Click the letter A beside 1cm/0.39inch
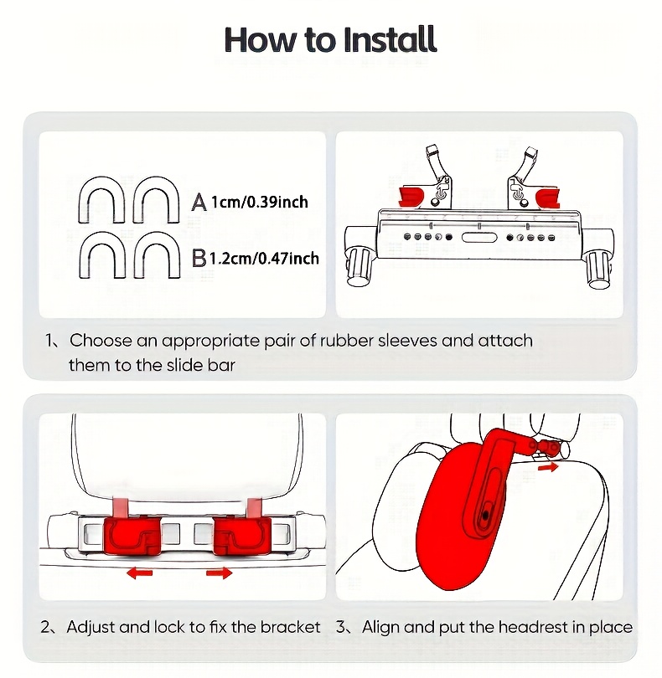pyautogui.click(x=199, y=202)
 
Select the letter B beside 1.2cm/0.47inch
pyautogui.click(x=199, y=258)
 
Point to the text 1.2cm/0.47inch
pyautogui.click(x=264, y=258)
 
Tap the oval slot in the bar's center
pyautogui.click(x=478, y=238)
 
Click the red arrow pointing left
pyautogui.click(x=139, y=573)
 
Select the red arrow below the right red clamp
pyautogui.click(x=219, y=573)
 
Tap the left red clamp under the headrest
pyautogui.click(x=132, y=535)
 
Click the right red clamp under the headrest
pyautogui.click(x=239, y=535)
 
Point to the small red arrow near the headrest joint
pyautogui.click(x=547, y=467)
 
